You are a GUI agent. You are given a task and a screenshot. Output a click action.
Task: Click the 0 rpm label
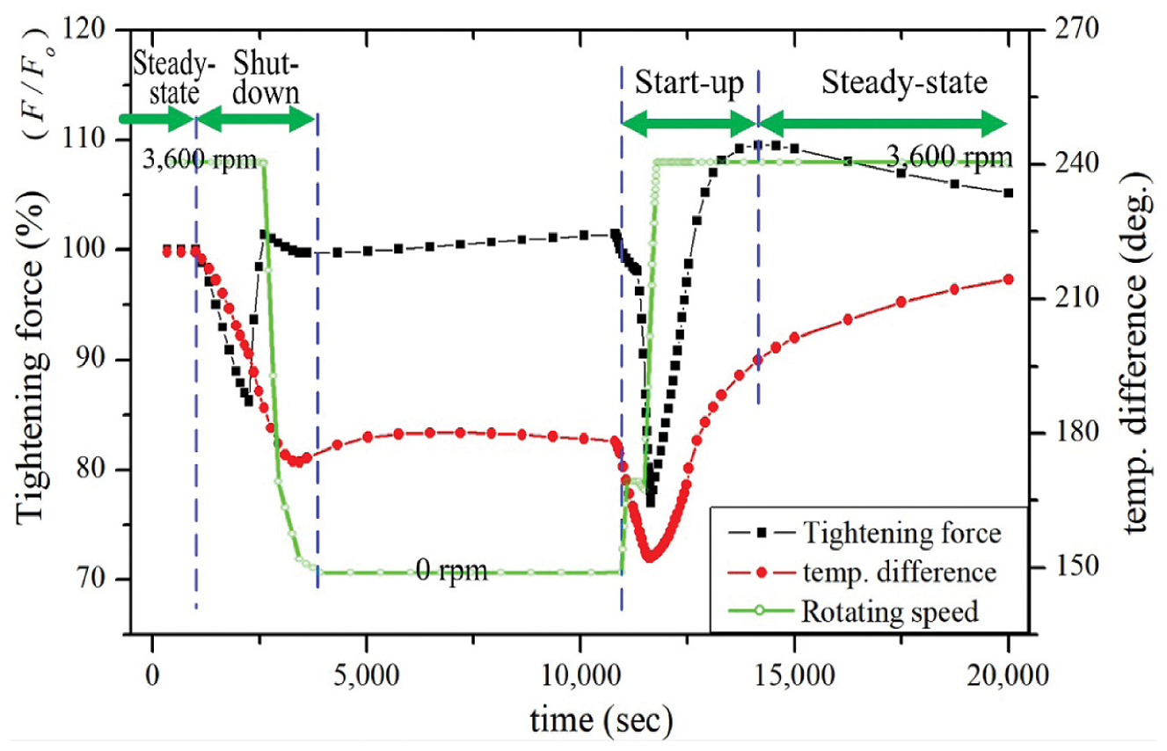click(452, 572)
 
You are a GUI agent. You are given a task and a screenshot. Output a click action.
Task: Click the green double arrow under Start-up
click(689, 124)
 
